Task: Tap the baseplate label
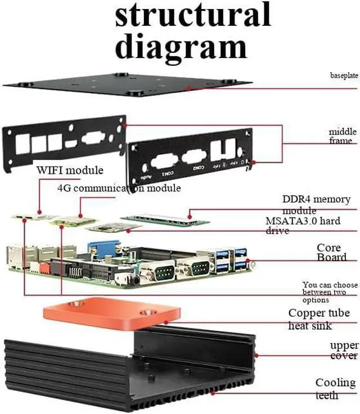click(344, 75)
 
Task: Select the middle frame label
click(343, 136)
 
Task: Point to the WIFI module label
click(70, 170)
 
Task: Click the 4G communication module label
click(119, 188)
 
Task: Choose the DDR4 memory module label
click(316, 204)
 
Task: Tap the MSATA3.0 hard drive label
click(303, 226)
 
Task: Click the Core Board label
click(331, 252)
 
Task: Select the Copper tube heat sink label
click(318, 319)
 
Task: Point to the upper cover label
click(344, 350)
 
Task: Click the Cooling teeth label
click(335, 389)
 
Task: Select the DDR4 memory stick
click(165, 219)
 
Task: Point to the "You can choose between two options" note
click(329, 292)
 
